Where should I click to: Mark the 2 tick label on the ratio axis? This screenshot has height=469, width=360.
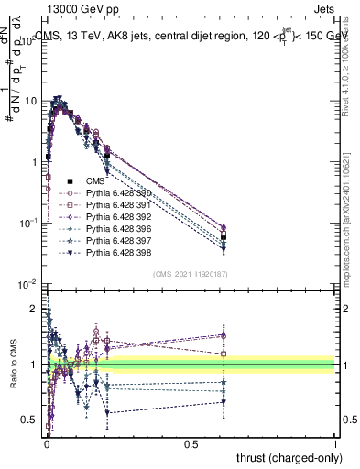[x=34, y=310]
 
